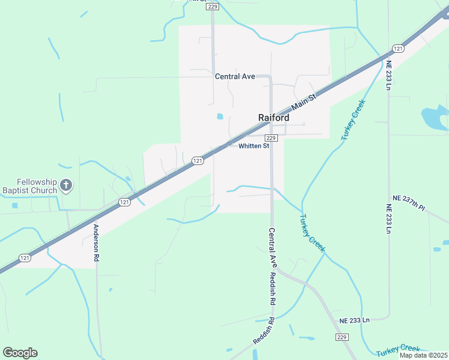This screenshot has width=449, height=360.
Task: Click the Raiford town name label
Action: tap(273, 118)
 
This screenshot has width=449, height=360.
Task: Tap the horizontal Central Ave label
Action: tap(235, 76)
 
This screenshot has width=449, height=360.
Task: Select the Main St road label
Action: tap(304, 101)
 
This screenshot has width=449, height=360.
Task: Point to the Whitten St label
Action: tap(254, 146)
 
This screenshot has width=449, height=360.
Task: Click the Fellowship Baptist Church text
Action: tap(29, 186)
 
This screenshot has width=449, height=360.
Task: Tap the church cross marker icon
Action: tap(67, 186)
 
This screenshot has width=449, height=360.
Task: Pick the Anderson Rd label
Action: tap(95, 242)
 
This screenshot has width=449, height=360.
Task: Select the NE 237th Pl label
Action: tap(408, 203)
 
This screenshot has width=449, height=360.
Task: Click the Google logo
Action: tap(20, 353)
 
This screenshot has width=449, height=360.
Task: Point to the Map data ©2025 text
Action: tap(423, 355)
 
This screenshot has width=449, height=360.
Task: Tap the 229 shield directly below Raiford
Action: tap(271, 138)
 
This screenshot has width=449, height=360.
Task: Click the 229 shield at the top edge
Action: tap(212, 7)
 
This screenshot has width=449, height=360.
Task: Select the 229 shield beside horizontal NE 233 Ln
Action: tap(342, 337)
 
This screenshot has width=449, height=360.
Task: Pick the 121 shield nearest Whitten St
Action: tap(197, 160)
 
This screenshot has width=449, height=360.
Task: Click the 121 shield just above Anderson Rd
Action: tap(124, 202)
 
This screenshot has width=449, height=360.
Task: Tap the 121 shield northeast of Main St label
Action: tap(398, 48)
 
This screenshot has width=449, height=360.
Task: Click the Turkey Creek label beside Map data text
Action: tap(398, 349)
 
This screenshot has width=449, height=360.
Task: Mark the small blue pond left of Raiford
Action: tap(220, 116)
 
